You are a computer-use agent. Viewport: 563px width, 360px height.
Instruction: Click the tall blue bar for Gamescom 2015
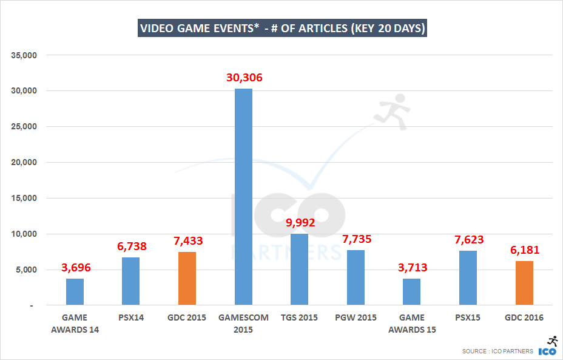click(243, 197)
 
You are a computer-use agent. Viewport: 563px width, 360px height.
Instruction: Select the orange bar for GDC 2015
click(187, 278)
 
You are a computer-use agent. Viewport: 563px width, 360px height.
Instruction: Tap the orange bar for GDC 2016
click(524, 283)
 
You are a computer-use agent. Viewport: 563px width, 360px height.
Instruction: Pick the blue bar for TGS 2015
click(299, 269)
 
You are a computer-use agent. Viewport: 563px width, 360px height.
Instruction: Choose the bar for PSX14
click(131, 281)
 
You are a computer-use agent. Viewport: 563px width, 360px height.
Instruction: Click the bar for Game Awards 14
click(75, 291)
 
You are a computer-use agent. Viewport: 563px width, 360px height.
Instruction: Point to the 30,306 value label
click(243, 78)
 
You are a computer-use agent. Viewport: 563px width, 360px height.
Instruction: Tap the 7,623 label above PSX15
click(468, 239)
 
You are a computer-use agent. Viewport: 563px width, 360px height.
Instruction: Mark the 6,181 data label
click(524, 250)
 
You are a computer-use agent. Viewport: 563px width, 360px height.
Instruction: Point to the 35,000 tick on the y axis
click(25, 55)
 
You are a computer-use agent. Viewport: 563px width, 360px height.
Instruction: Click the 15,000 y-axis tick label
click(25, 199)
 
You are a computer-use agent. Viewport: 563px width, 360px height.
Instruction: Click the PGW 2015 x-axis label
click(356, 318)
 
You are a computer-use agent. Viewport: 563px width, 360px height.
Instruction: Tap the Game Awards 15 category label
click(411, 324)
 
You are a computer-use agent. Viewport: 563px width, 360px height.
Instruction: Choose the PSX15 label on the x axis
click(468, 318)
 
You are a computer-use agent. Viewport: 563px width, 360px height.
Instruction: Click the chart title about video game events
click(282, 29)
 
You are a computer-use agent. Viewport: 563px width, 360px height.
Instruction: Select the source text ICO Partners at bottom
click(497, 351)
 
